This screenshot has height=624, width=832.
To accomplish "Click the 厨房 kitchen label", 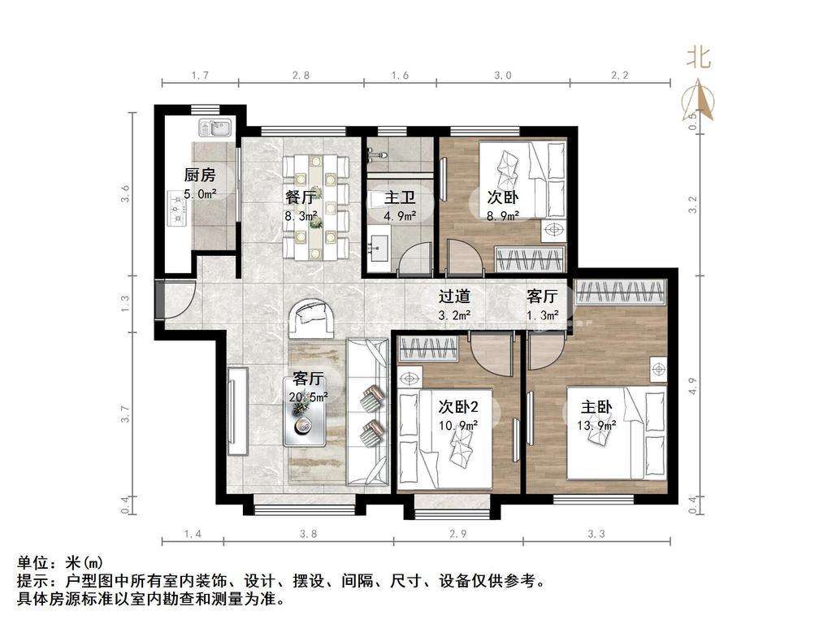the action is (x=200, y=174).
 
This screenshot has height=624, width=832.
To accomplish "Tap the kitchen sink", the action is (x=214, y=128).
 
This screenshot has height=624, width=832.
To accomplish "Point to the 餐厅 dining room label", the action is (x=301, y=197).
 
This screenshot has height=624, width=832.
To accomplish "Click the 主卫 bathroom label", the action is (x=400, y=198).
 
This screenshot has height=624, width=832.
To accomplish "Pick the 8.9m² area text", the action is (x=502, y=215).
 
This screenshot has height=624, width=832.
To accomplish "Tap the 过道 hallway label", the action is (x=454, y=296).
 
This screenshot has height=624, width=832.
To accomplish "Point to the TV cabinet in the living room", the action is (x=238, y=410).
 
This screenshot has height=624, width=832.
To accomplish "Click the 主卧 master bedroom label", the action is (x=596, y=407).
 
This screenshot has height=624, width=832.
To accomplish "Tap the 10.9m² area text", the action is (x=458, y=426).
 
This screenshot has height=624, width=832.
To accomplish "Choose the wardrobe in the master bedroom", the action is (x=620, y=292).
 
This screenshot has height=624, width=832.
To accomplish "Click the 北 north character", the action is (x=699, y=57).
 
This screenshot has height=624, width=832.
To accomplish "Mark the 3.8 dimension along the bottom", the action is (x=308, y=533).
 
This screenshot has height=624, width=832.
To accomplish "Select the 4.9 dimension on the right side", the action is (x=693, y=385).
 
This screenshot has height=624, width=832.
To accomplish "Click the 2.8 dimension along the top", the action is (x=301, y=76).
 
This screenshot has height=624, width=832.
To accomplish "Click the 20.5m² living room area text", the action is (x=308, y=396).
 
